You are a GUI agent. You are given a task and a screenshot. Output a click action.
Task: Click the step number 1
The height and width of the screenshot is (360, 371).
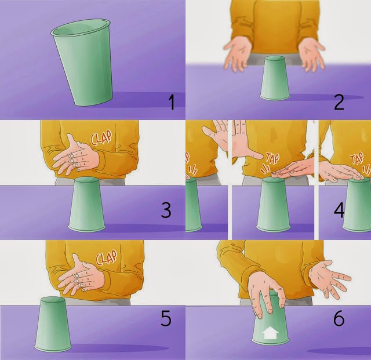171,104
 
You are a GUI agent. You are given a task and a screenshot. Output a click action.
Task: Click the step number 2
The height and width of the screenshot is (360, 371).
339,101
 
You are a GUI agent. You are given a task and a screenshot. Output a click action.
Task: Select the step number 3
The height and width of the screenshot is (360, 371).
166,210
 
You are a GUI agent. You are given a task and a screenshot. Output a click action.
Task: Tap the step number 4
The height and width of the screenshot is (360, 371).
339,210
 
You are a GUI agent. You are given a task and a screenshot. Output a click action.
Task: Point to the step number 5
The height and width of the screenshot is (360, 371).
166,318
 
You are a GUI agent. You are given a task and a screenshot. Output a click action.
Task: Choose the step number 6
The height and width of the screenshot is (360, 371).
339,318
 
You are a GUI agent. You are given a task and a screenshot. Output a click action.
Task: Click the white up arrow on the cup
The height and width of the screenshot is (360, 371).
271,333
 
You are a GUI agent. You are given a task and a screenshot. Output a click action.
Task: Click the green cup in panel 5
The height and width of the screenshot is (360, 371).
53,325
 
